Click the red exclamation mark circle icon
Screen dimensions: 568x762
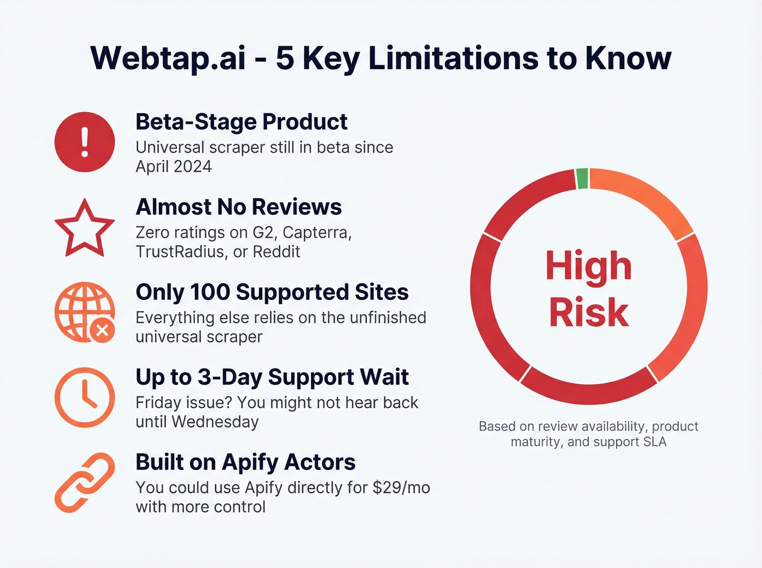(x=84, y=142)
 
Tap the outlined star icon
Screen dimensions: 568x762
(x=84, y=229)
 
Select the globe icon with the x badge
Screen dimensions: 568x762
(x=84, y=312)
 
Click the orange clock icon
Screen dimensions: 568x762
(x=84, y=397)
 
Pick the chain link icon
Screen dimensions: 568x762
(x=84, y=482)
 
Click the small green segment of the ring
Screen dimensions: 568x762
(x=582, y=179)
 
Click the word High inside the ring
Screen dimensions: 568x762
(x=588, y=266)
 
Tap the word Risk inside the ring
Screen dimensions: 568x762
(x=588, y=313)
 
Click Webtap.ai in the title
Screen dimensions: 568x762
(x=168, y=58)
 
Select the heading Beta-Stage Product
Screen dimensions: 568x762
(x=241, y=122)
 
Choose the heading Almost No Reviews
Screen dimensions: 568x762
(x=238, y=207)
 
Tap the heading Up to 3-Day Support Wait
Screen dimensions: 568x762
(x=272, y=377)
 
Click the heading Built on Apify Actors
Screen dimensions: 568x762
(x=245, y=462)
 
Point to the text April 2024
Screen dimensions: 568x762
(x=174, y=167)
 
